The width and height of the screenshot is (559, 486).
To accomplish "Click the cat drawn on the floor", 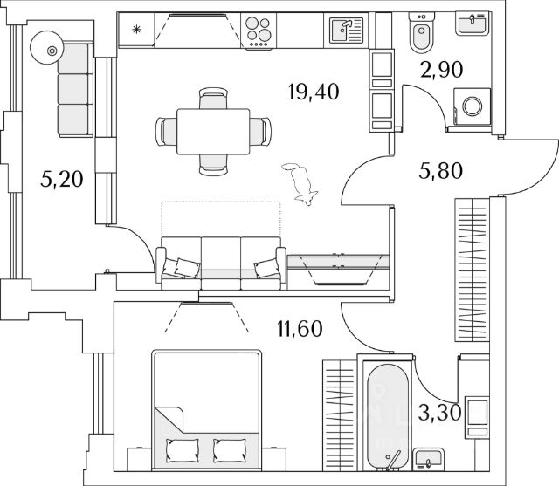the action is tap(303, 184).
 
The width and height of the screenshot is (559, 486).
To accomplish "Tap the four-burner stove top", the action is tap(259, 31).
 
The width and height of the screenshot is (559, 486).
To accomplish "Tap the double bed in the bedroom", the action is tap(206, 406).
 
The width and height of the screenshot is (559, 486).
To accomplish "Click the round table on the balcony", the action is tap(51, 51).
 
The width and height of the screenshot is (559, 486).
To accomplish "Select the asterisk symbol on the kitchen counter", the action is tap(136, 31).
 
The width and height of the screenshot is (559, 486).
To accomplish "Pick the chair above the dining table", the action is tap(210, 99).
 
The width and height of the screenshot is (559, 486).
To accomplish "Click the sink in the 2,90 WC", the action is tap(474, 24).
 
